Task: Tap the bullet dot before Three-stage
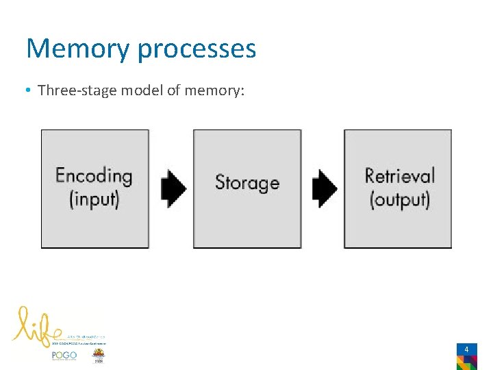[29, 90]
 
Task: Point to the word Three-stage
[76, 90]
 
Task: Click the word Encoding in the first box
[94, 175]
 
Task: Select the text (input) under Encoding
[94, 199]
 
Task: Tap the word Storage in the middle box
[247, 182]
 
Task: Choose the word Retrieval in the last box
[399, 175]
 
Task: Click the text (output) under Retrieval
[399, 199]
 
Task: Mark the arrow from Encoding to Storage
[173, 187]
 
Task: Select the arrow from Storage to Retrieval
[324, 187]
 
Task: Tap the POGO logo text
[64, 356]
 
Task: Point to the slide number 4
[466, 349]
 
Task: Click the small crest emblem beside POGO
[99, 356]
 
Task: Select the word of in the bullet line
[174, 90]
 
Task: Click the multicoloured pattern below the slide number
[466, 362]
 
